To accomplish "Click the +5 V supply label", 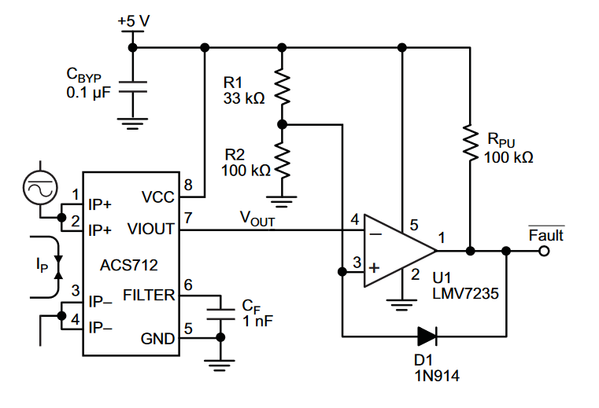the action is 133,21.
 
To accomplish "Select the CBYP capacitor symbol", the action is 132,87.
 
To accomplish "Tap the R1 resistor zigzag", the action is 282,86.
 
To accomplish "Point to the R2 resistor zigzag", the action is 282,160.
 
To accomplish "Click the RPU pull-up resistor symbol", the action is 470,142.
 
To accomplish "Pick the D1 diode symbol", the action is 427,336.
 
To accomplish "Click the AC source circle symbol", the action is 40,188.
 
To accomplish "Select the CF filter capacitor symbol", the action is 220,314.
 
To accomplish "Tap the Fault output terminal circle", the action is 544,251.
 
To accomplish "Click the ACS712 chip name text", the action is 129,265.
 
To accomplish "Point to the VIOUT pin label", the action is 151,229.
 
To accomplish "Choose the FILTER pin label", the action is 149,295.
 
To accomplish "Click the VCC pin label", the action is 157,197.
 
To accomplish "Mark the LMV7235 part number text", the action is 466,293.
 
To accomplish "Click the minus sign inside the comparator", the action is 375,234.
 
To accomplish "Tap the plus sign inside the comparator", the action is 375,267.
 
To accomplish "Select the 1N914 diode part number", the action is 437,376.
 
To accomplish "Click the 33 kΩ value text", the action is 244,98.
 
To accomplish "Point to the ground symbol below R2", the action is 282,201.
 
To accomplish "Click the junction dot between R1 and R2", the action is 282,124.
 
